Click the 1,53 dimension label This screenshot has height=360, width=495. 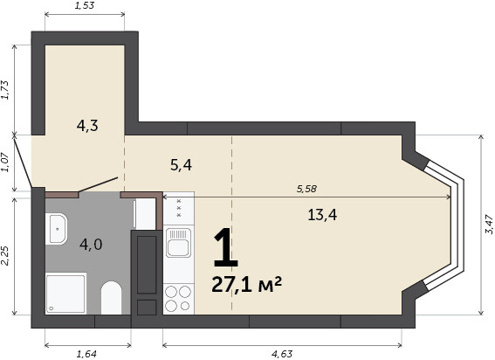coord(85,5)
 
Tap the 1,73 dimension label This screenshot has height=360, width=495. coord(7,90)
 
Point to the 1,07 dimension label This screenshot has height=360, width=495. coord(7,163)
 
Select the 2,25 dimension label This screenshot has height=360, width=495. coord(7,256)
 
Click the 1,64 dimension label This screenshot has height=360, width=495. coord(86,354)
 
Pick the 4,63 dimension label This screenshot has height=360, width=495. coord(282,354)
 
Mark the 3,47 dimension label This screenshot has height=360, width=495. coord(489,225)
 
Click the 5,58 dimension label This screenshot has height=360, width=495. coord(306,189)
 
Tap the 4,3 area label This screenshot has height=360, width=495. coord(87,126)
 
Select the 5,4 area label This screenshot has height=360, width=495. coord(181,165)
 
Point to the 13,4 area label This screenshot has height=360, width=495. coord(322,215)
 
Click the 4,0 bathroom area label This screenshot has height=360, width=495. coord(91,245)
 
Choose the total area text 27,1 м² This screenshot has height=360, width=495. coord(246,285)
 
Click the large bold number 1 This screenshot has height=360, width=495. coord(225,248)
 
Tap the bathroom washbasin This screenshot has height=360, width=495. coord(56,229)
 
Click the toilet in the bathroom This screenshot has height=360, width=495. coord(111,298)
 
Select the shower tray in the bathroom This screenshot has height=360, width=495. coord(66,294)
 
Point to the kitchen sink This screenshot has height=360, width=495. coord(178,243)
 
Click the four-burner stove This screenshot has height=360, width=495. coord(178,299)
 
